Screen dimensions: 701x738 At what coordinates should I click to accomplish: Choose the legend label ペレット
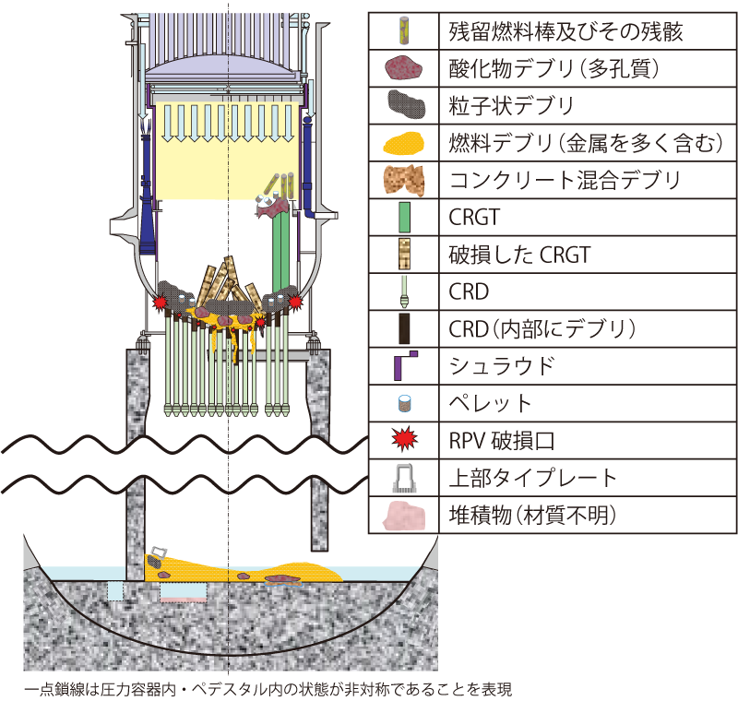[491, 403]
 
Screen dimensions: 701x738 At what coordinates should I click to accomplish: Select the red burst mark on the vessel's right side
[295, 302]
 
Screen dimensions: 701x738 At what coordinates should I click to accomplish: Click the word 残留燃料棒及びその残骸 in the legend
[553, 30]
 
